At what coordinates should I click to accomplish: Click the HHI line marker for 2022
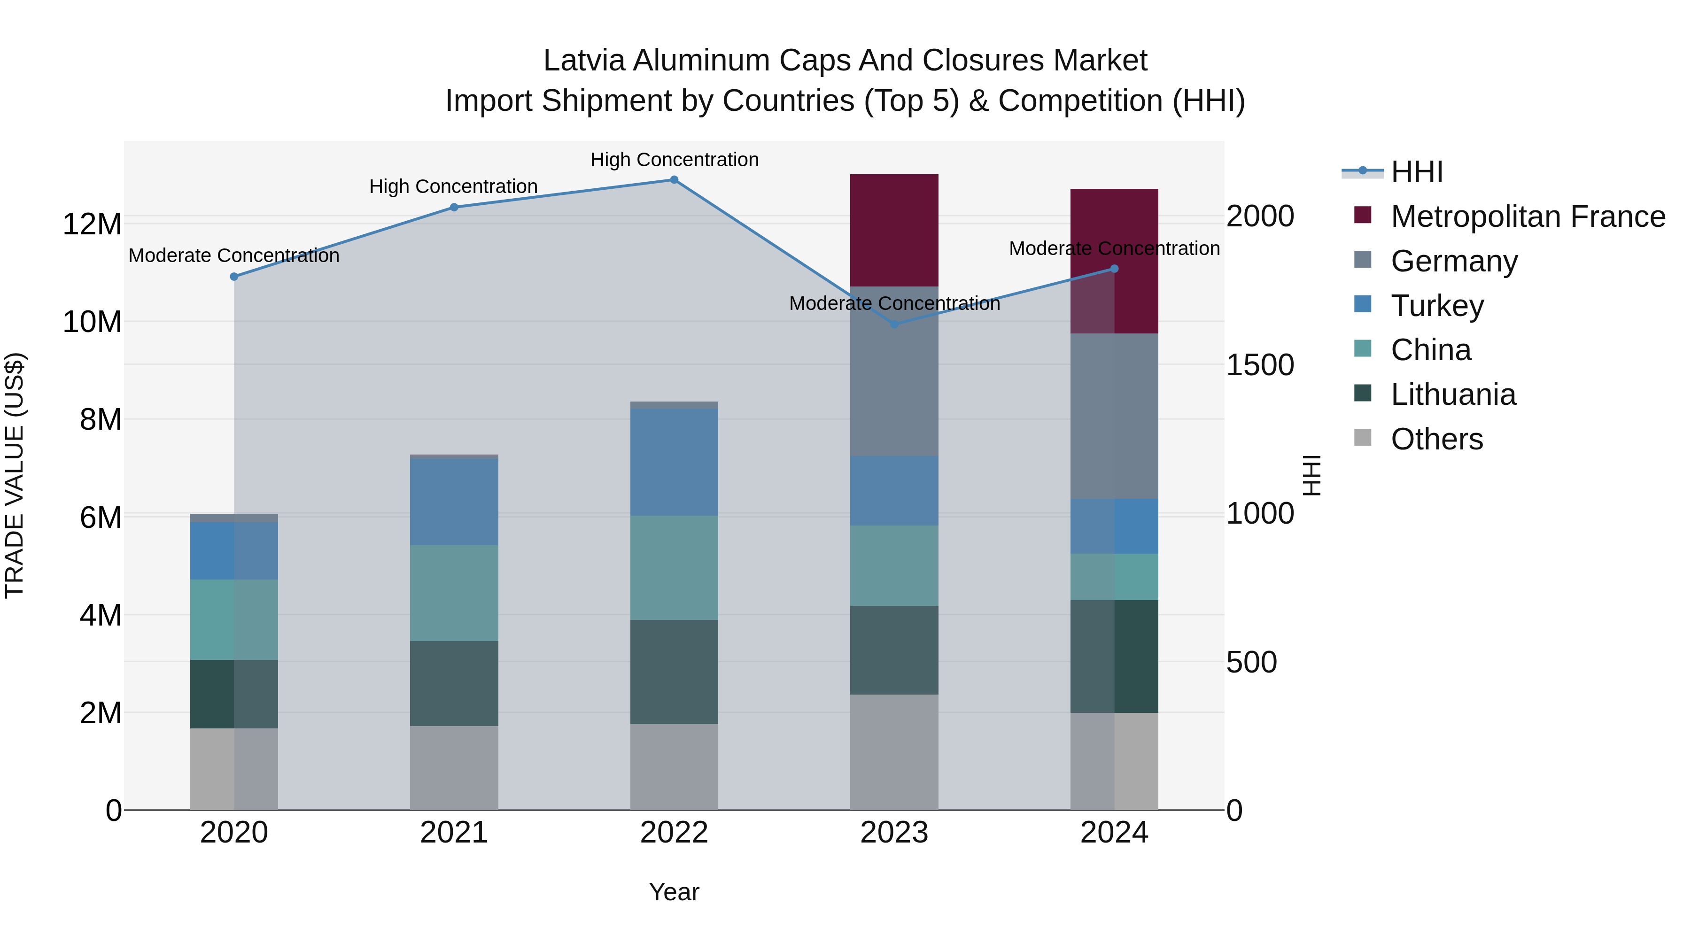tap(674, 180)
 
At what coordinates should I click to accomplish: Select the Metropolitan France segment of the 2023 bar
tap(894, 230)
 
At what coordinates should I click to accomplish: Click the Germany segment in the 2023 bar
tap(894, 371)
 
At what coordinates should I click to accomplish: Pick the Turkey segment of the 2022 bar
tap(674, 462)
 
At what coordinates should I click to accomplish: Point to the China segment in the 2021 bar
tap(454, 593)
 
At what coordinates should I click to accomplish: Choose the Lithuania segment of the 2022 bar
tap(674, 672)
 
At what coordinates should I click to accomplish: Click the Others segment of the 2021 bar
tap(454, 767)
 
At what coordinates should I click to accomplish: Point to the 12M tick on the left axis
tap(92, 224)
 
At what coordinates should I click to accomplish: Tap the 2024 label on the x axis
tap(1114, 833)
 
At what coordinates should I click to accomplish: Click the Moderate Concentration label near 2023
tap(894, 304)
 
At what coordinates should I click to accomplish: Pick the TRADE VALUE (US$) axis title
tap(15, 475)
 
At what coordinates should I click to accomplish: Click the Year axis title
tap(674, 892)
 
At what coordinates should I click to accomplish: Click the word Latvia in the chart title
tap(583, 61)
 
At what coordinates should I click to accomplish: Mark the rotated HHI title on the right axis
tap(1311, 475)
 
